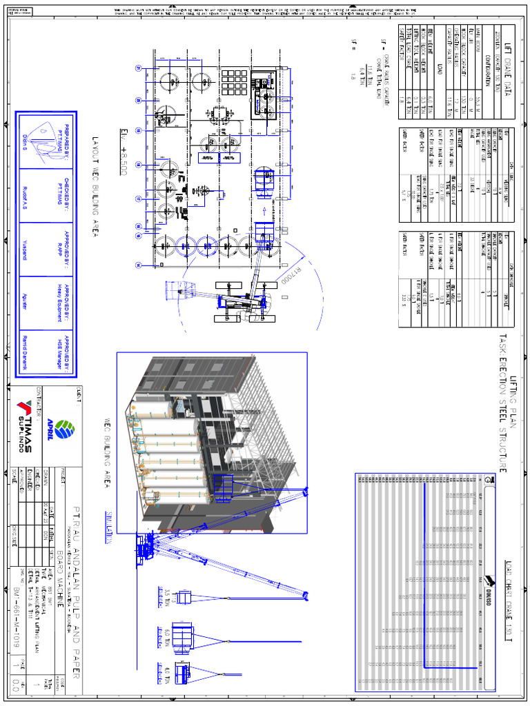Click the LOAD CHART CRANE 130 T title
pyautogui.click(x=509, y=600)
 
